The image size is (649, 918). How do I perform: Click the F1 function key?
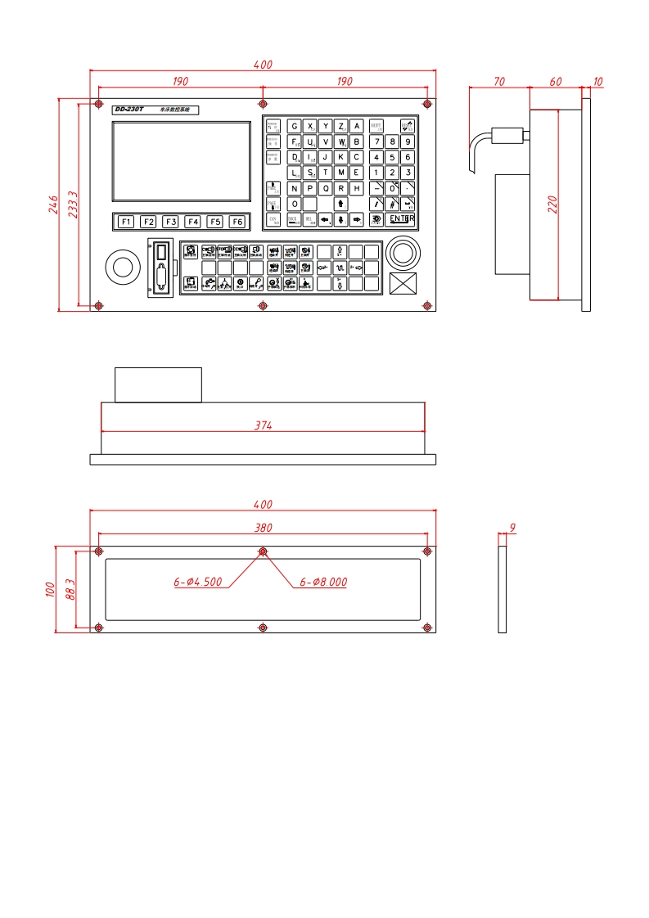pos(125,222)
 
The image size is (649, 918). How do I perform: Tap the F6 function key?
pos(237,222)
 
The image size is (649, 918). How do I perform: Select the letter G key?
pos(295,126)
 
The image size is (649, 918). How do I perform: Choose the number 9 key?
pos(408,142)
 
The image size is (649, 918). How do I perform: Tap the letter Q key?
pos(326,188)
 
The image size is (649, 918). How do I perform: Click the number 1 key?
pos(376,173)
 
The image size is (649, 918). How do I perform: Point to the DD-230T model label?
pos(128,110)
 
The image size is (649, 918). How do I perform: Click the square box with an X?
pos(403,284)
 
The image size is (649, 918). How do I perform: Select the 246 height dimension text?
pos(53,204)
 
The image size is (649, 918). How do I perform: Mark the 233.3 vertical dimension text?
pos(73,205)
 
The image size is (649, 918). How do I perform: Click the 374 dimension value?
pos(263,425)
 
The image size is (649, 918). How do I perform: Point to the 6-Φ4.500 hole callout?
pos(197,583)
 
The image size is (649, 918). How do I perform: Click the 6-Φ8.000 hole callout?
pos(323,583)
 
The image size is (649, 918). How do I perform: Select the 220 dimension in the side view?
pos(552,205)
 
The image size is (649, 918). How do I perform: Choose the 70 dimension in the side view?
pos(498,82)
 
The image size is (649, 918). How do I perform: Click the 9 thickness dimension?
pos(512,528)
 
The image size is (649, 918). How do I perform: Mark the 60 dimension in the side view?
pos(556,82)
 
